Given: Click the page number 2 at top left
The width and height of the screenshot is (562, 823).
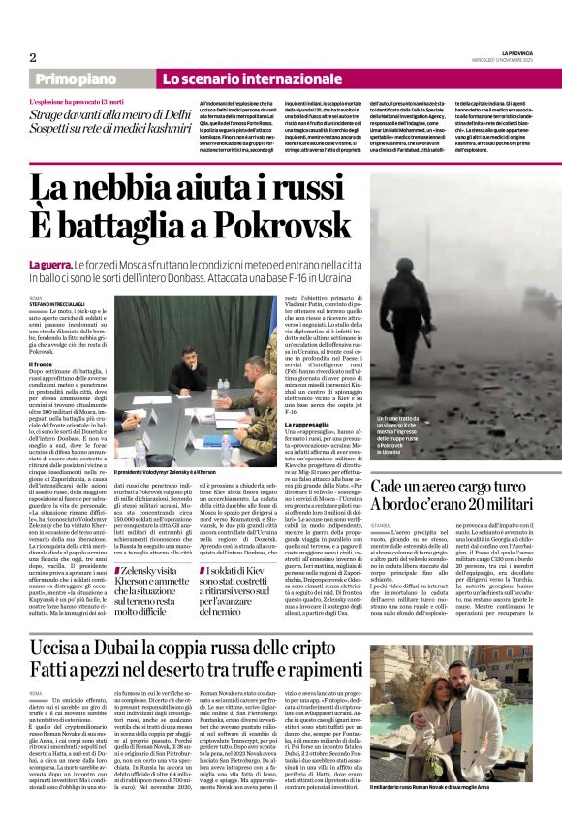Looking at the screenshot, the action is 32,57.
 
